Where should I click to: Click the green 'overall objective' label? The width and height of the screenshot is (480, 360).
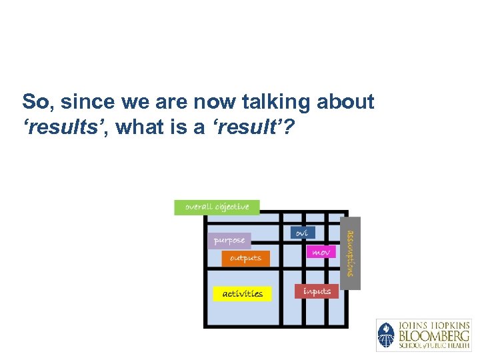click(217, 207)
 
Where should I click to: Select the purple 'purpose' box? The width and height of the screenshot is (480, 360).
click(229, 240)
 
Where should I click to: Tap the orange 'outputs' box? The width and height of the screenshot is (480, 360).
click(245, 258)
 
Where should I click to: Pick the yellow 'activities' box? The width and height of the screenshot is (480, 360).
click(242, 293)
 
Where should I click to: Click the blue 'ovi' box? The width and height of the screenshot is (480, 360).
click(302, 233)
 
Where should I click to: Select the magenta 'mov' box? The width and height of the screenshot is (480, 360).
click(321, 253)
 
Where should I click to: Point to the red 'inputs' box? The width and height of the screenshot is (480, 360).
click(317, 291)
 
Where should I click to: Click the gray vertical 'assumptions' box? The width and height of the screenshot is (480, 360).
click(353, 253)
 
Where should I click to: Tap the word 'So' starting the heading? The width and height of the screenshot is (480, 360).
click(35, 102)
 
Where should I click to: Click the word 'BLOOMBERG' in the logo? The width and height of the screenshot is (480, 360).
click(434, 335)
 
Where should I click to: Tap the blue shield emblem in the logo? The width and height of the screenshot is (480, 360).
click(386, 335)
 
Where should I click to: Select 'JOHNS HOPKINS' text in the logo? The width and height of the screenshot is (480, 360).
click(434, 325)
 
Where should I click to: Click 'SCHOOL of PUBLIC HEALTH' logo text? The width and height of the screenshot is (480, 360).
click(434, 345)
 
